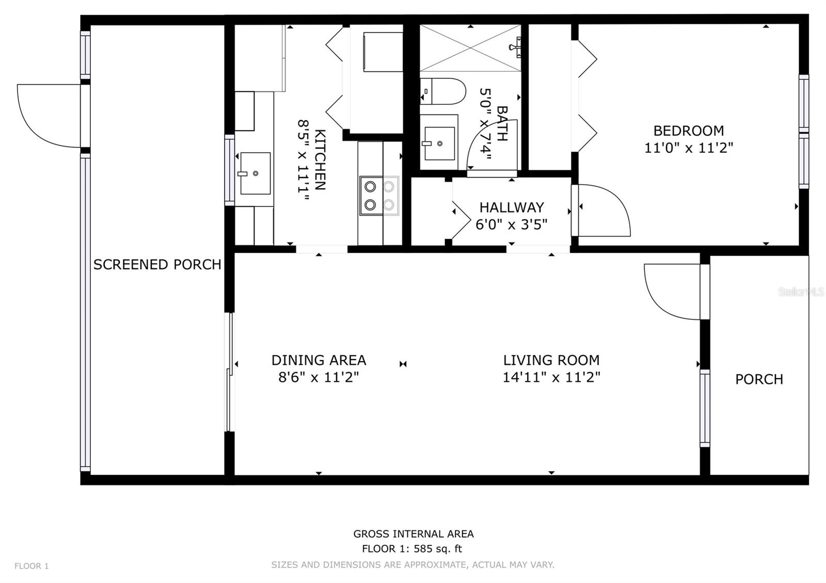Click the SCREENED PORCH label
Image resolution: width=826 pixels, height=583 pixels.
(x=157, y=265)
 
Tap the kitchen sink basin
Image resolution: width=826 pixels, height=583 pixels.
(x=255, y=173)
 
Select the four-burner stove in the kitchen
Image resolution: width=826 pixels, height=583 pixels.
(x=379, y=196)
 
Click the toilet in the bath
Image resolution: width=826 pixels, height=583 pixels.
(x=443, y=91)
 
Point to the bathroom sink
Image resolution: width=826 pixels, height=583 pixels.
(x=439, y=143)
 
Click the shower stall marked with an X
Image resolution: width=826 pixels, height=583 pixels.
(x=470, y=48)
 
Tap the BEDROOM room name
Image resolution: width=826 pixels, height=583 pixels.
(x=689, y=131)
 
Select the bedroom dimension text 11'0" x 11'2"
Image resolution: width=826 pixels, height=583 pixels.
(x=689, y=148)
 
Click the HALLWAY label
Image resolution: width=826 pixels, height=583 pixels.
(x=512, y=207)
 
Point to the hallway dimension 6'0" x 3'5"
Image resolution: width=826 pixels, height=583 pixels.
(x=512, y=224)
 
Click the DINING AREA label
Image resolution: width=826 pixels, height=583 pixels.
(x=319, y=360)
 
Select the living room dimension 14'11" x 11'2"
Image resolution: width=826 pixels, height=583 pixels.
(x=551, y=377)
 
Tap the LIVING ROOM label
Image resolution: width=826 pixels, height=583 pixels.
(x=551, y=360)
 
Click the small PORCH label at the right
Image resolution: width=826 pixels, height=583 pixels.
(x=759, y=379)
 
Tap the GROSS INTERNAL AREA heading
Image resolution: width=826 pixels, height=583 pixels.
(x=414, y=533)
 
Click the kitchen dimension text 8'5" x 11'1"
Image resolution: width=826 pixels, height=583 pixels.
(x=303, y=160)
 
